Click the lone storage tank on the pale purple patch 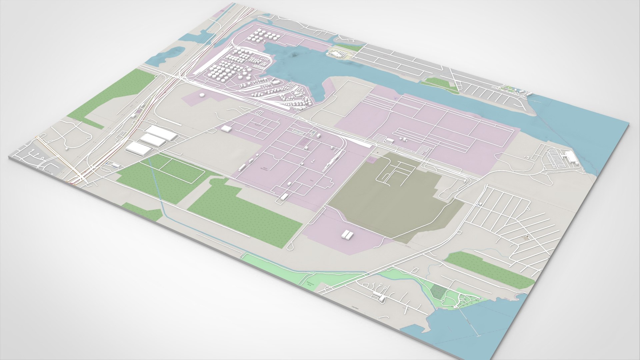click(x=201, y=95)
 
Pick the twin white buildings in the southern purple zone click(x=347, y=235)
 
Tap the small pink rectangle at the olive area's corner click(x=371, y=160)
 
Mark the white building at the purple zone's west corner click(x=226, y=129)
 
